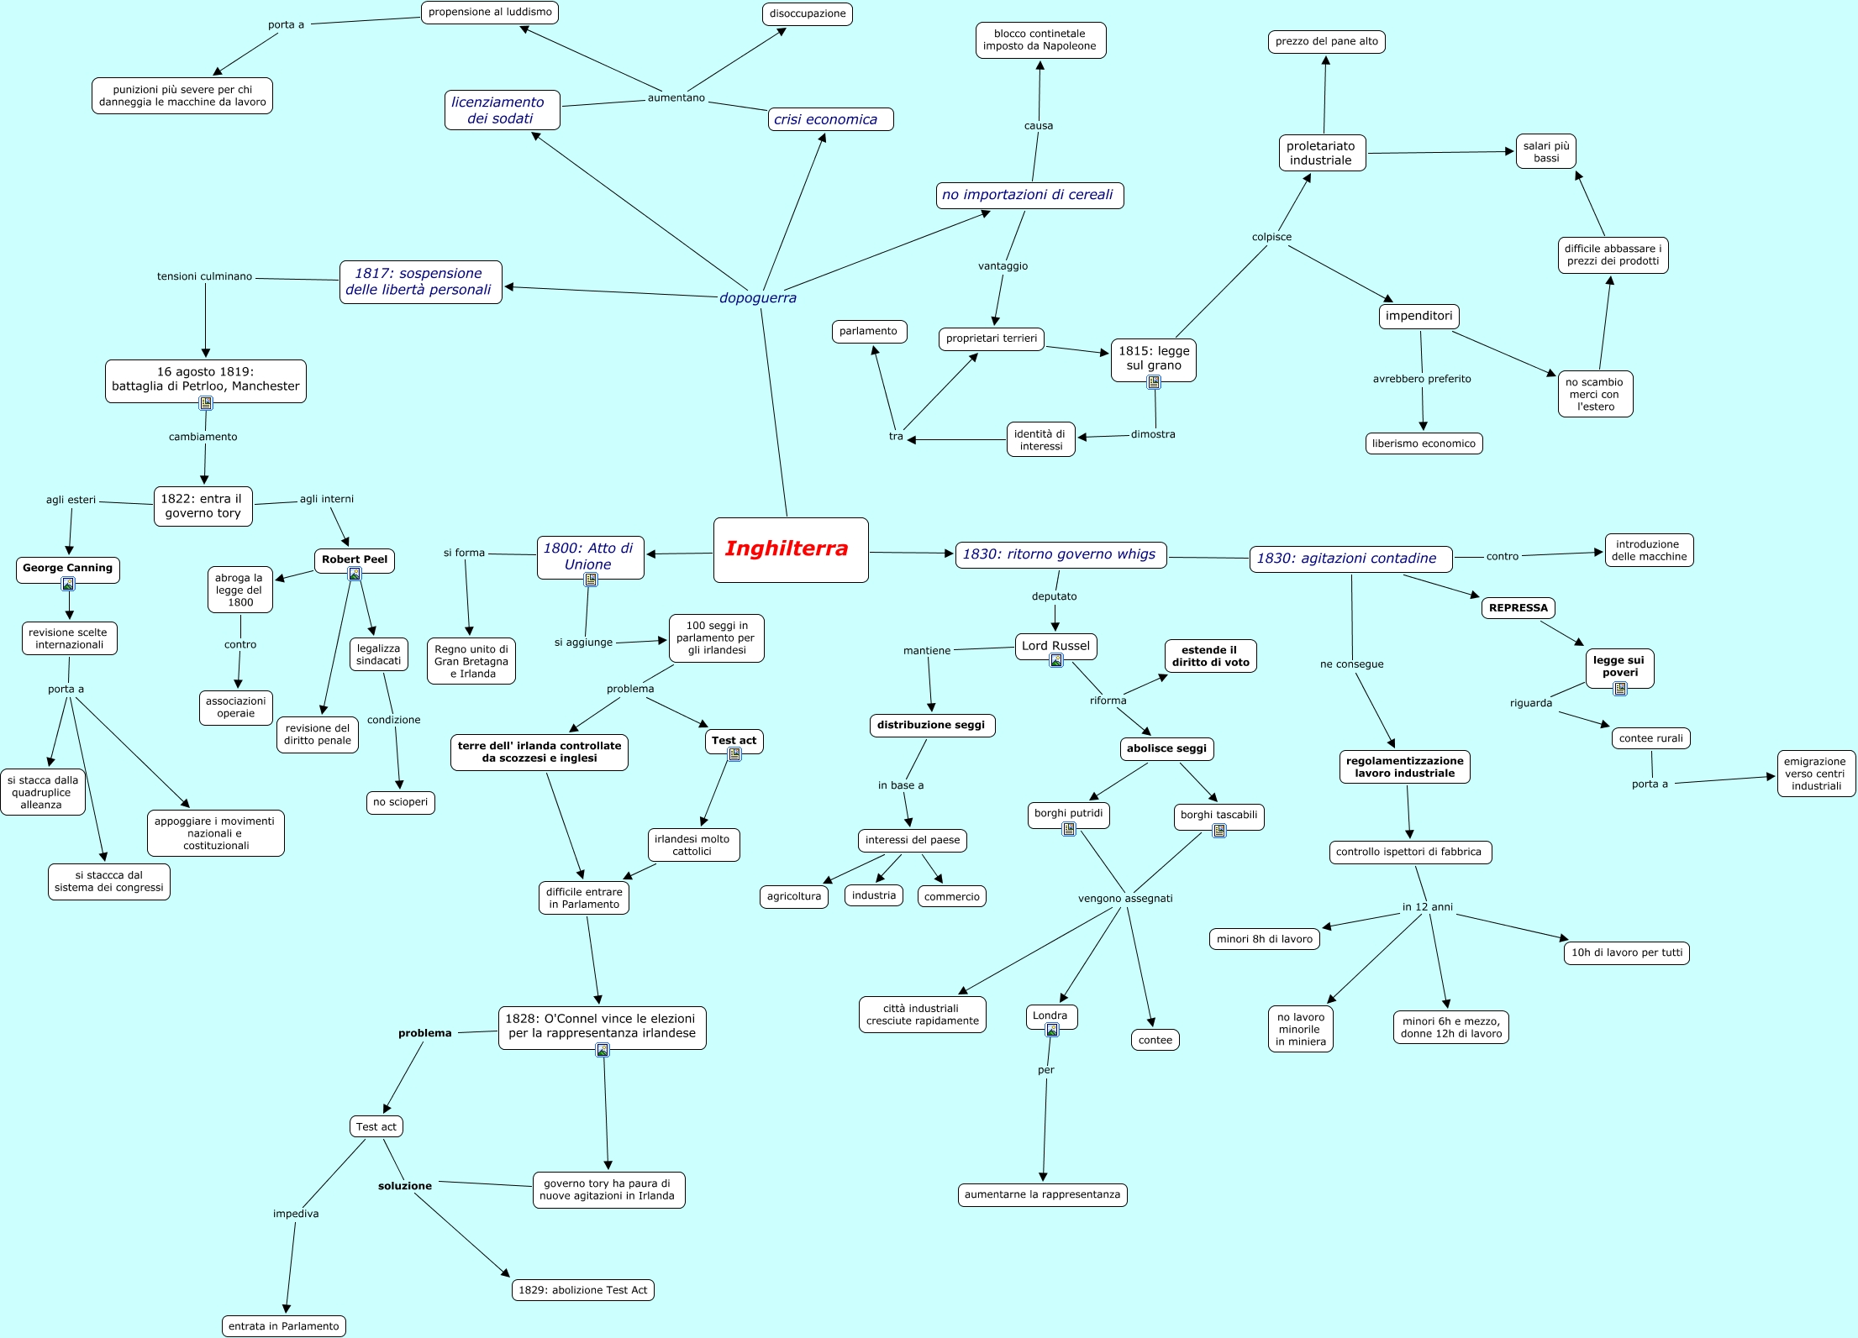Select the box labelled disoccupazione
coord(808,14)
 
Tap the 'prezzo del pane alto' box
coord(1326,41)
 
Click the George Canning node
coord(68,569)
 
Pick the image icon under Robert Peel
coord(355,575)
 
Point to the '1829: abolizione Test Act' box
coord(582,1290)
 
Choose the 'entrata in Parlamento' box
coord(284,1326)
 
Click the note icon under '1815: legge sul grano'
coord(1154,382)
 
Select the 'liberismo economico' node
coord(1424,443)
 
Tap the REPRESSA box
coord(1518,608)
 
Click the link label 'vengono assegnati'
coord(1125,899)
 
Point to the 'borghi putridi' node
coord(1068,813)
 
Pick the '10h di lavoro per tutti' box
coord(1627,952)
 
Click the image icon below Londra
coord(1051,1030)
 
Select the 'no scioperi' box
coord(401,802)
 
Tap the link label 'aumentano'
coord(676,98)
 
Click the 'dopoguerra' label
coord(757,298)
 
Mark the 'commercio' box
coord(952,897)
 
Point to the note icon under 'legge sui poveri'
coord(1620,689)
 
